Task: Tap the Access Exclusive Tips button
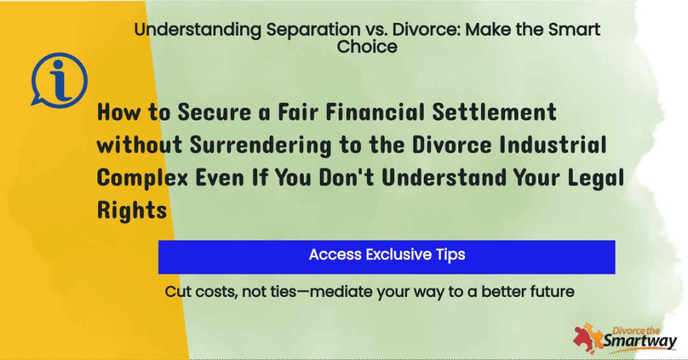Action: tap(387, 257)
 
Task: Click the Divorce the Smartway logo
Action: tap(625, 338)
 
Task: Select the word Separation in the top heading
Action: tap(313, 30)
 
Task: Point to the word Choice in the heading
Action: tap(367, 47)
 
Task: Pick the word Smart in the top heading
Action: tap(574, 29)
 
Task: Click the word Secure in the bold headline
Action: tap(214, 112)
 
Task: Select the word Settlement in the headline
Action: tap(494, 112)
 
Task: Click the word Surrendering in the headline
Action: tap(261, 145)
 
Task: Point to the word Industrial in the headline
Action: tap(553, 145)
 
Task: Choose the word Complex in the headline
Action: tap(142, 178)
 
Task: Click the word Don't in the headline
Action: tap(346, 178)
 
